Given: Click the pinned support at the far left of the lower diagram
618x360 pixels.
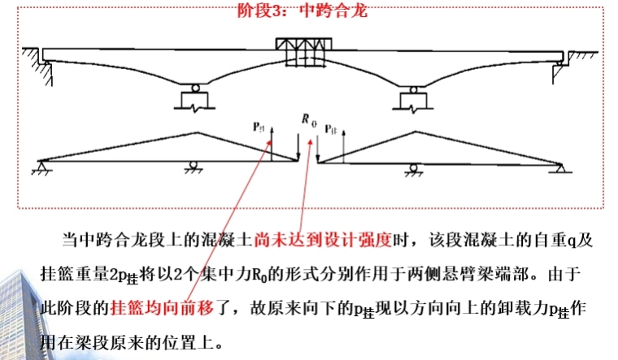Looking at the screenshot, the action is pyautogui.click(x=38, y=168).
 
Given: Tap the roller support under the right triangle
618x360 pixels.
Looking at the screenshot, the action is pyautogui.click(x=413, y=167).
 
